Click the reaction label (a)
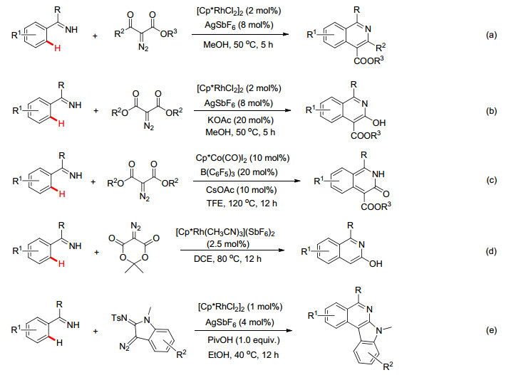tap(491, 35)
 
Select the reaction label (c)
tap(491, 180)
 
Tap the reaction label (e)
tap(491, 330)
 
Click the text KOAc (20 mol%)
tap(240, 120)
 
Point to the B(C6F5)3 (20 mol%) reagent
tap(239, 172)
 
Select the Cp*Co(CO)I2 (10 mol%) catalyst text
tap(242, 158)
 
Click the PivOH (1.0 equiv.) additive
tap(244, 340)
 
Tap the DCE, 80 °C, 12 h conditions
tap(227, 259)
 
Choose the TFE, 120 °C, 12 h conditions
tap(242, 204)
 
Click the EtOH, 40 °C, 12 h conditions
tap(243, 355)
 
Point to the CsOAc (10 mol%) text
tap(241, 190)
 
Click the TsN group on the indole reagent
tap(118, 317)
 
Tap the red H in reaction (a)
tap(57, 48)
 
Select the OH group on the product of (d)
tap(376, 264)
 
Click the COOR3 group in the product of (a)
tap(368, 61)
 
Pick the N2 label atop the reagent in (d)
tap(135, 226)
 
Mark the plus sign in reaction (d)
tap(96, 253)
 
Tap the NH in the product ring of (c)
tap(378, 174)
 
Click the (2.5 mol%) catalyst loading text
tap(227, 244)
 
